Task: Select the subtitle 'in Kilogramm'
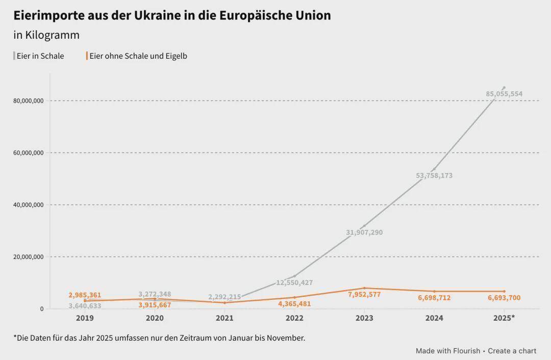pyautogui.click(x=46, y=35)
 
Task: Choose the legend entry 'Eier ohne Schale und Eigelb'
pyautogui.click(x=138, y=56)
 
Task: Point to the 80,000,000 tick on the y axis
pyautogui.click(x=29, y=101)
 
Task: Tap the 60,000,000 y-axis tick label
pyautogui.click(x=29, y=153)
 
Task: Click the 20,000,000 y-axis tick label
pyautogui.click(x=29, y=257)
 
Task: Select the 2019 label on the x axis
pyautogui.click(x=85, y=318)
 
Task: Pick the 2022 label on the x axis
pyautogui.click(x=294, y=318)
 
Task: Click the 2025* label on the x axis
pyautogui.click(x=504, y=318)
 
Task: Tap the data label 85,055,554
pyautogui.click(x=504, y=94)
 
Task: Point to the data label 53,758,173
pyautogui.click(x=434, y=176)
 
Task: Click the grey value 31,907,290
pyautogui.click(x=364, y=233)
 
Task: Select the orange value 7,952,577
pyautogui.click(x=364, y=295)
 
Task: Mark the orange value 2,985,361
pyautogui.click(x=85, y=295)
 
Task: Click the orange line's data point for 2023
pyautogui.click(x=364, y=288)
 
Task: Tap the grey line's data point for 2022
pyautogui.click(x=294, y=276)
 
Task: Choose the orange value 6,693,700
pyautogui.click(x=504, y=298)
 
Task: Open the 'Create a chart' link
pyautogui.click(x=512, y=351)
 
